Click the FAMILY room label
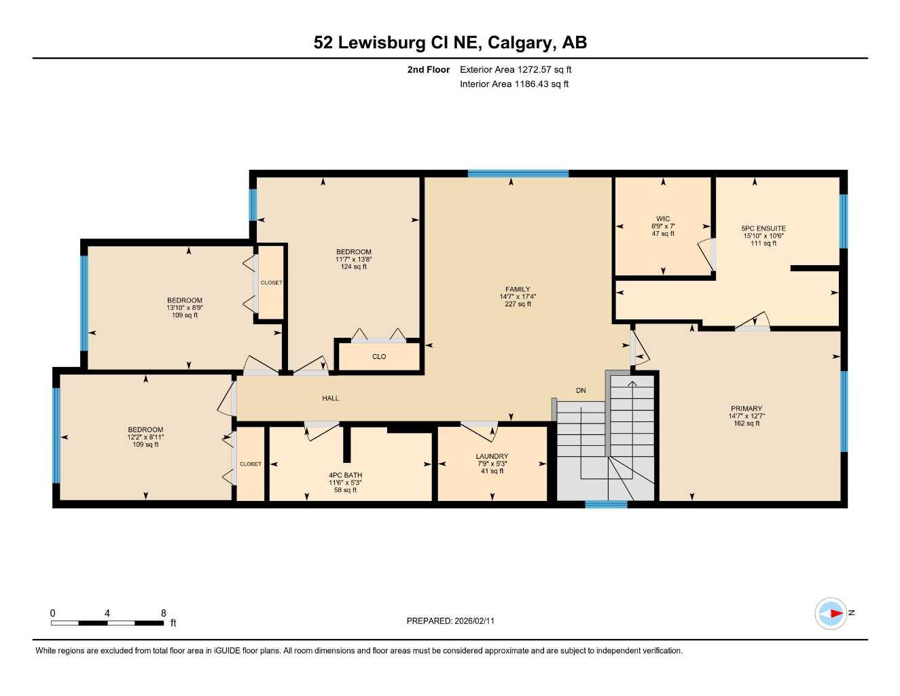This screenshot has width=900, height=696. click(517, 289)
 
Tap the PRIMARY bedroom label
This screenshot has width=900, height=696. click(746, 408)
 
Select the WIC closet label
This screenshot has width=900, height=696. click(663, 219)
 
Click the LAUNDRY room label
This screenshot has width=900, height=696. click(492, 456)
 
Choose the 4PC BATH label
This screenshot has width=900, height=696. click(345, 475)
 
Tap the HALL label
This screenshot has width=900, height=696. click(330, 398)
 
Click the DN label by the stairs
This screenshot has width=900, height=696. click(581, 391)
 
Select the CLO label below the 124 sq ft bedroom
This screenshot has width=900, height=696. click(379, 357)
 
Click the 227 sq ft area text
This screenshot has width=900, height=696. click(517, 304)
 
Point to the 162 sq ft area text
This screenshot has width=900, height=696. click(746, 423)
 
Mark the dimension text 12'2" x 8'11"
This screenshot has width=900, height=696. click(145, 437)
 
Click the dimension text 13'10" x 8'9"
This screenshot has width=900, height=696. click(185, 307)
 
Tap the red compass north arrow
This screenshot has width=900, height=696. click(835, 614)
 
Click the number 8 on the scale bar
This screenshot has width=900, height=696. click(164, 613)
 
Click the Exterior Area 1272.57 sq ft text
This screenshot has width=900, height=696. click(516, 69)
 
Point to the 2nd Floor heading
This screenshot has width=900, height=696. click(428, 69)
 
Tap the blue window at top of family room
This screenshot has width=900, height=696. click(518, 174)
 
